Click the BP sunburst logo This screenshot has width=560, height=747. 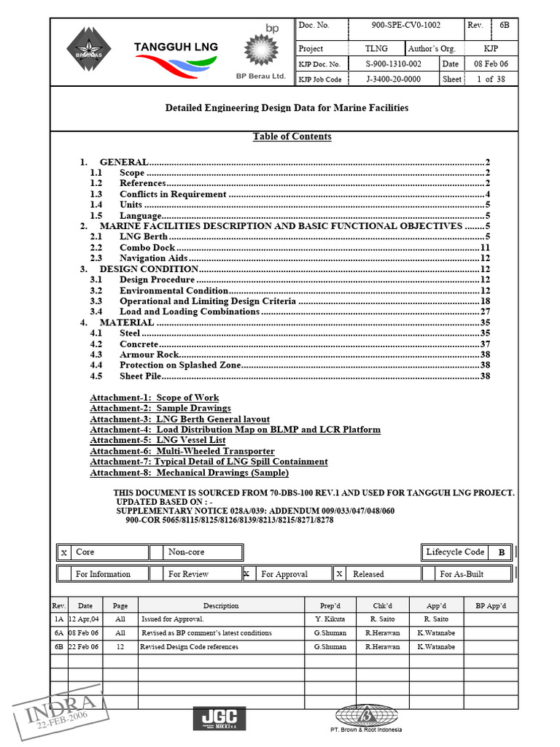click(x=261, y=50)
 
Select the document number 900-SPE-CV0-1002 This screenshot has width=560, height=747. click(x=405, y=26)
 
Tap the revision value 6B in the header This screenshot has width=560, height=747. click(x=505, y=26)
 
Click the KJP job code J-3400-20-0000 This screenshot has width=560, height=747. click(x=393, y=80)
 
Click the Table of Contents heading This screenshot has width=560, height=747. click(x=292, y=137)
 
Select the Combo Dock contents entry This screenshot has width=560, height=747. click(x=147, y=248)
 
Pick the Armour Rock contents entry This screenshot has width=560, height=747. click(x=149, y=355)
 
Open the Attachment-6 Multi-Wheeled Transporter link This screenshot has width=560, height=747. click(x=182, y=452)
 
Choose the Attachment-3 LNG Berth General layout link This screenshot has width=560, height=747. click(x=179, y=419)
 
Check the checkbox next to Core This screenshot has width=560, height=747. click(x=65, y=553)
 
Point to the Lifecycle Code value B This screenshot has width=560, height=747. click(x=501, y=553)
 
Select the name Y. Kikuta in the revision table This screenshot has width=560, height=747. click(x=329, y=619)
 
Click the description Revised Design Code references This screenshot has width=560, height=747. click(x=190, y=647)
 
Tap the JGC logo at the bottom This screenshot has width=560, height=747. click(x=219, y=719)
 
